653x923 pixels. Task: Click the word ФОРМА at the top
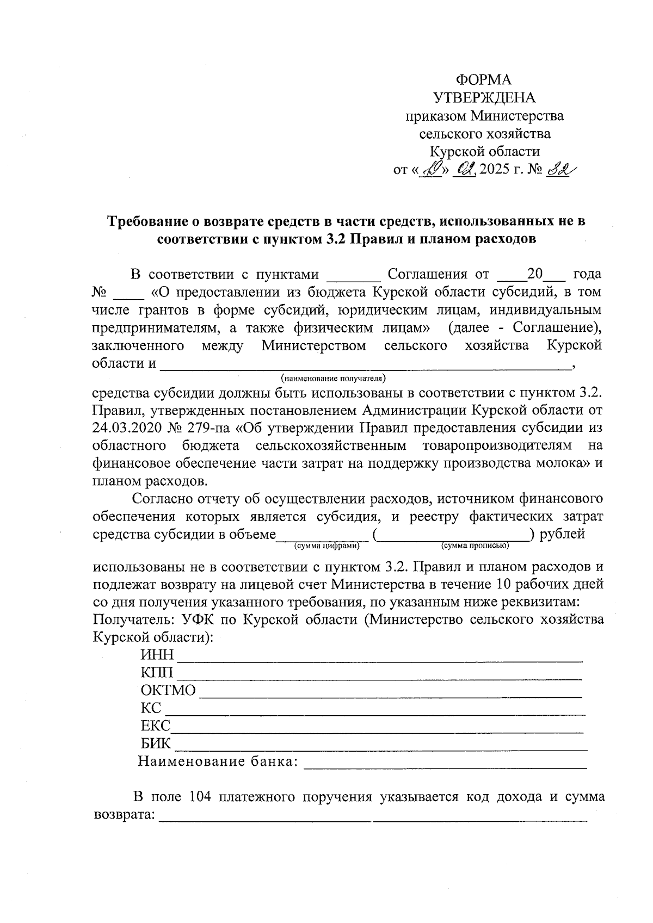pyautogui.click(x=484, y=80)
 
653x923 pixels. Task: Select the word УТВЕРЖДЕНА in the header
pyautogui.click(x=484, y=98)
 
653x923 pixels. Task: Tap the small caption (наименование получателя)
pyautogui.click(x=333, y=377)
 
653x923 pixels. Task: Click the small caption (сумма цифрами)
pyautogui.click(x=326, y=545)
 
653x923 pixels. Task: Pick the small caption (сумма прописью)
pyautogui.click(x=475, y=545)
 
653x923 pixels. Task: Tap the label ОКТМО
pyautogui.click(x=168, y=691)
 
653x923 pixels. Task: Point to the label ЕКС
pyautogui.click(x=155, y=726)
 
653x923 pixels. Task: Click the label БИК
pyautogui.click(x=156, y=744)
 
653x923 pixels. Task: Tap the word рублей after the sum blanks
pyautogui.click(x=562, y=534)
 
